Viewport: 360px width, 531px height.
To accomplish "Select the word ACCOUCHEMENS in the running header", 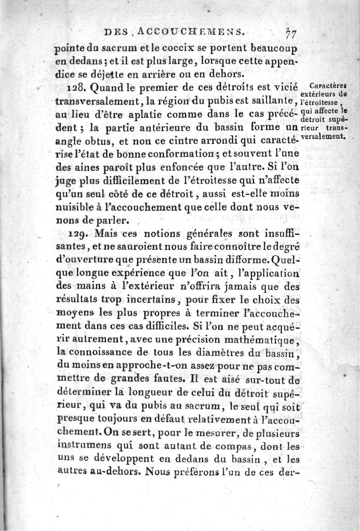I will pyautogui.click(x=186, y=31).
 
